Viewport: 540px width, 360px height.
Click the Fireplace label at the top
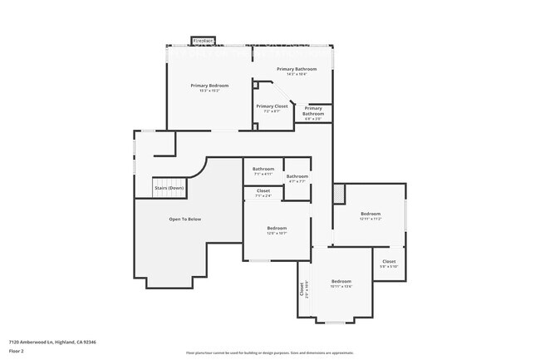(204, 40)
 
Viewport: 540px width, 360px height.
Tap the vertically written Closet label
(302, 290)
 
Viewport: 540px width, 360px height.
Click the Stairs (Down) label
(169, 188)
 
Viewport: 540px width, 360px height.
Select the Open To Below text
(184, 219)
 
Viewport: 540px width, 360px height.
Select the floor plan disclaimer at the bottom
(269, 353)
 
